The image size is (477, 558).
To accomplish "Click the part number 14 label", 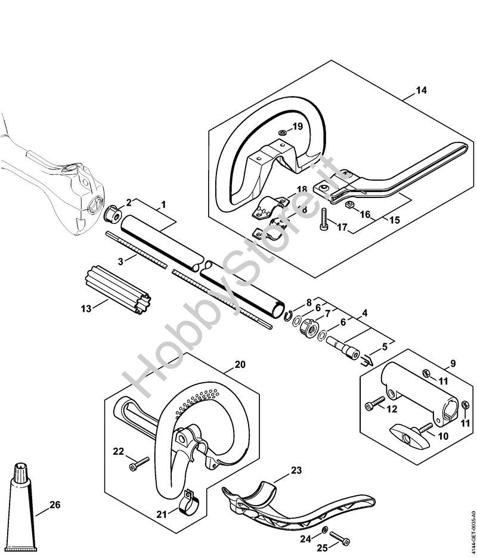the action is (x=421, y=91).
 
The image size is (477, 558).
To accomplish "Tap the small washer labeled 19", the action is (x=282, y=133).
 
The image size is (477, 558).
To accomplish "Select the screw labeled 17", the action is (x=324, y=220).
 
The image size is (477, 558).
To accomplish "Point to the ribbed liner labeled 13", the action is (x=118, y=289).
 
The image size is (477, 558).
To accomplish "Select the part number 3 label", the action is (x=120, y=262).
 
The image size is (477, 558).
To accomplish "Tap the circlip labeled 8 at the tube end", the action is (x=289, y=315).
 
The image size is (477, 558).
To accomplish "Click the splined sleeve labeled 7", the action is (x=308, y=328).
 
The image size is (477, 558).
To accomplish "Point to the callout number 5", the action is (x=384, y=346).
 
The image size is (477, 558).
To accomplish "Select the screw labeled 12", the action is (x=375, y=403).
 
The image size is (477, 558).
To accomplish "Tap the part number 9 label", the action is (x=453, y=364).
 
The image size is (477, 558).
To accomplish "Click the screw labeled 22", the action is (x=140, y=464).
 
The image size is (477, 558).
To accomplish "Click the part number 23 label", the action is (x=296, y=470).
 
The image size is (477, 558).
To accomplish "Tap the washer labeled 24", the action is (x=324, y=530).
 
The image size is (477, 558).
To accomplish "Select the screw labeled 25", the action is (x=339, y=537).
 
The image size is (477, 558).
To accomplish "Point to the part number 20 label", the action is (x=240, y=364).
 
